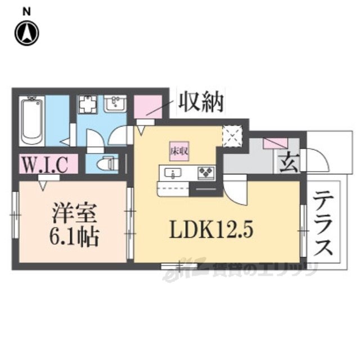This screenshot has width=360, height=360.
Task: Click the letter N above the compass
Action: click(26, 10)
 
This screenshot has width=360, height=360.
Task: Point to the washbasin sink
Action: click(117, 105)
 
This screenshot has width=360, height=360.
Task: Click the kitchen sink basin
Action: click(171, 172)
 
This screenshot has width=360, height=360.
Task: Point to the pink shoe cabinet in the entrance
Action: click(274, 143)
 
